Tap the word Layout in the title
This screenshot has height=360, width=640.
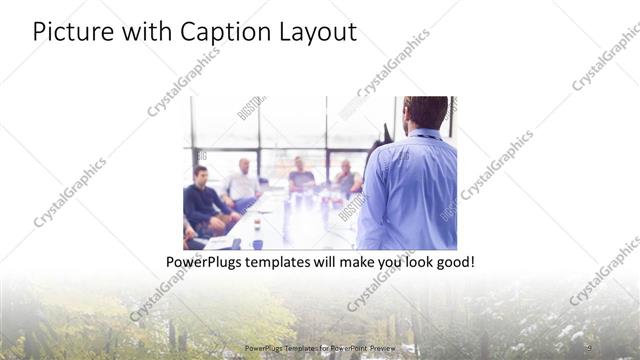pos(314,32)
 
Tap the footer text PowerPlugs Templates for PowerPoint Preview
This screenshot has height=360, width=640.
pos(320,348)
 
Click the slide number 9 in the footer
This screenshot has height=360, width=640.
pos(588,347)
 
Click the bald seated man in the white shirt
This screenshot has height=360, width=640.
pos(243,182)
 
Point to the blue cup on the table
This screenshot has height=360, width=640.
pos(257,243)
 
